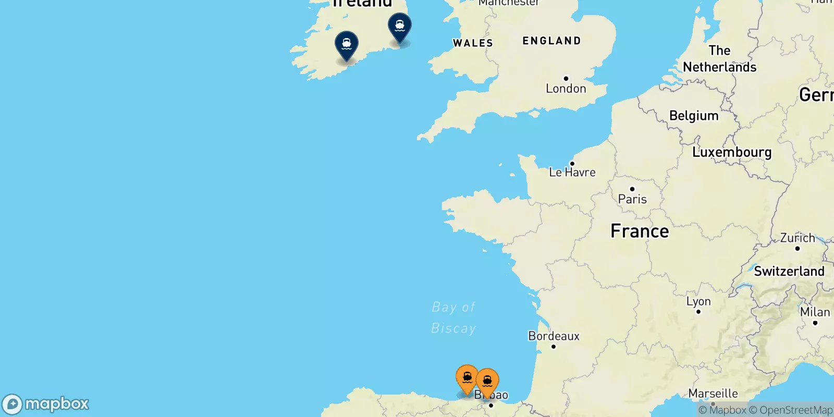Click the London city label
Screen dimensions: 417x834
566,89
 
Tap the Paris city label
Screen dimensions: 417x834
632,199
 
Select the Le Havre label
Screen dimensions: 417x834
572,173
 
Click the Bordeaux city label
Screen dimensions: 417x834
554,336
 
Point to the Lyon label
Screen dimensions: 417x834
698,301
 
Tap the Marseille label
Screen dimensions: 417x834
713,394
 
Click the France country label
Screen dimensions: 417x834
640,231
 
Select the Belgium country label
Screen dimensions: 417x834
694,116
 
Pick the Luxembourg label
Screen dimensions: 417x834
732,152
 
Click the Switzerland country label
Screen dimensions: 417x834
789,272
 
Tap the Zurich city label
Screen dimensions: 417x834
798,238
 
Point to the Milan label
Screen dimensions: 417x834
815,312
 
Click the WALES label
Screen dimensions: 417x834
473,43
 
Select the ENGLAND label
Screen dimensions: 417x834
551,41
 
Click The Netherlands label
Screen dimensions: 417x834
719,59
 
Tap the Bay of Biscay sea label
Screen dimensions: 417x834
453,317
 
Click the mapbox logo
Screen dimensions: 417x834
46,404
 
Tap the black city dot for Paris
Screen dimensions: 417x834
632,189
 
